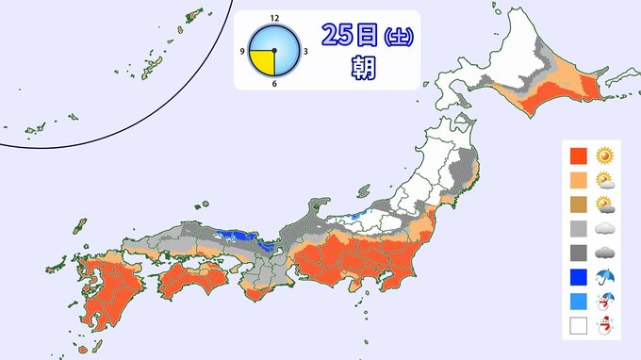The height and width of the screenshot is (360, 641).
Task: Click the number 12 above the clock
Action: [274, 17]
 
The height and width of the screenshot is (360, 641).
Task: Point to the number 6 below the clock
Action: [274, 84]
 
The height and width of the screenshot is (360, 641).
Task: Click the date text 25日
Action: [350, 35]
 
